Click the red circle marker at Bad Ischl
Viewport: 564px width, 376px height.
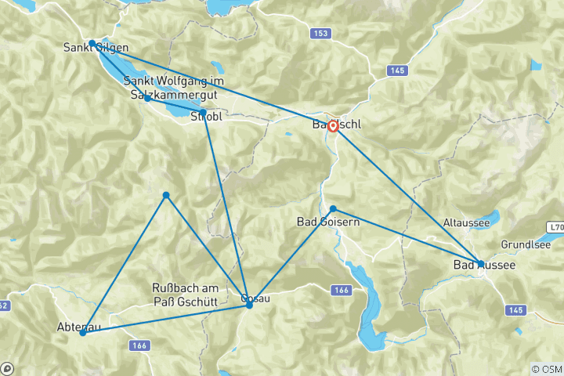pos(333,125)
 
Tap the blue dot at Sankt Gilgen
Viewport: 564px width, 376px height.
pos(92,43)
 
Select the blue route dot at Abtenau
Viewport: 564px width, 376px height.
pos(82,333)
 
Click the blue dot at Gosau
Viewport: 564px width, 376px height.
pos(249,304)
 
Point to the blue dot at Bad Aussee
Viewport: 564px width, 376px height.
pos(480,264)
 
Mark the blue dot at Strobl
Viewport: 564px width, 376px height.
pos(203,113)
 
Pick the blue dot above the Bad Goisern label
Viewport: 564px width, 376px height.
pos(333,208)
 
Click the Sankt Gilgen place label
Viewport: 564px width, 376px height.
pos(95,48)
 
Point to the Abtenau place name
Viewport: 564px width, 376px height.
pos(78,327)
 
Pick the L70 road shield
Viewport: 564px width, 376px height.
pos(556,226)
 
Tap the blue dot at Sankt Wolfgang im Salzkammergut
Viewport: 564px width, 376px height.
pos(146,98)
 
